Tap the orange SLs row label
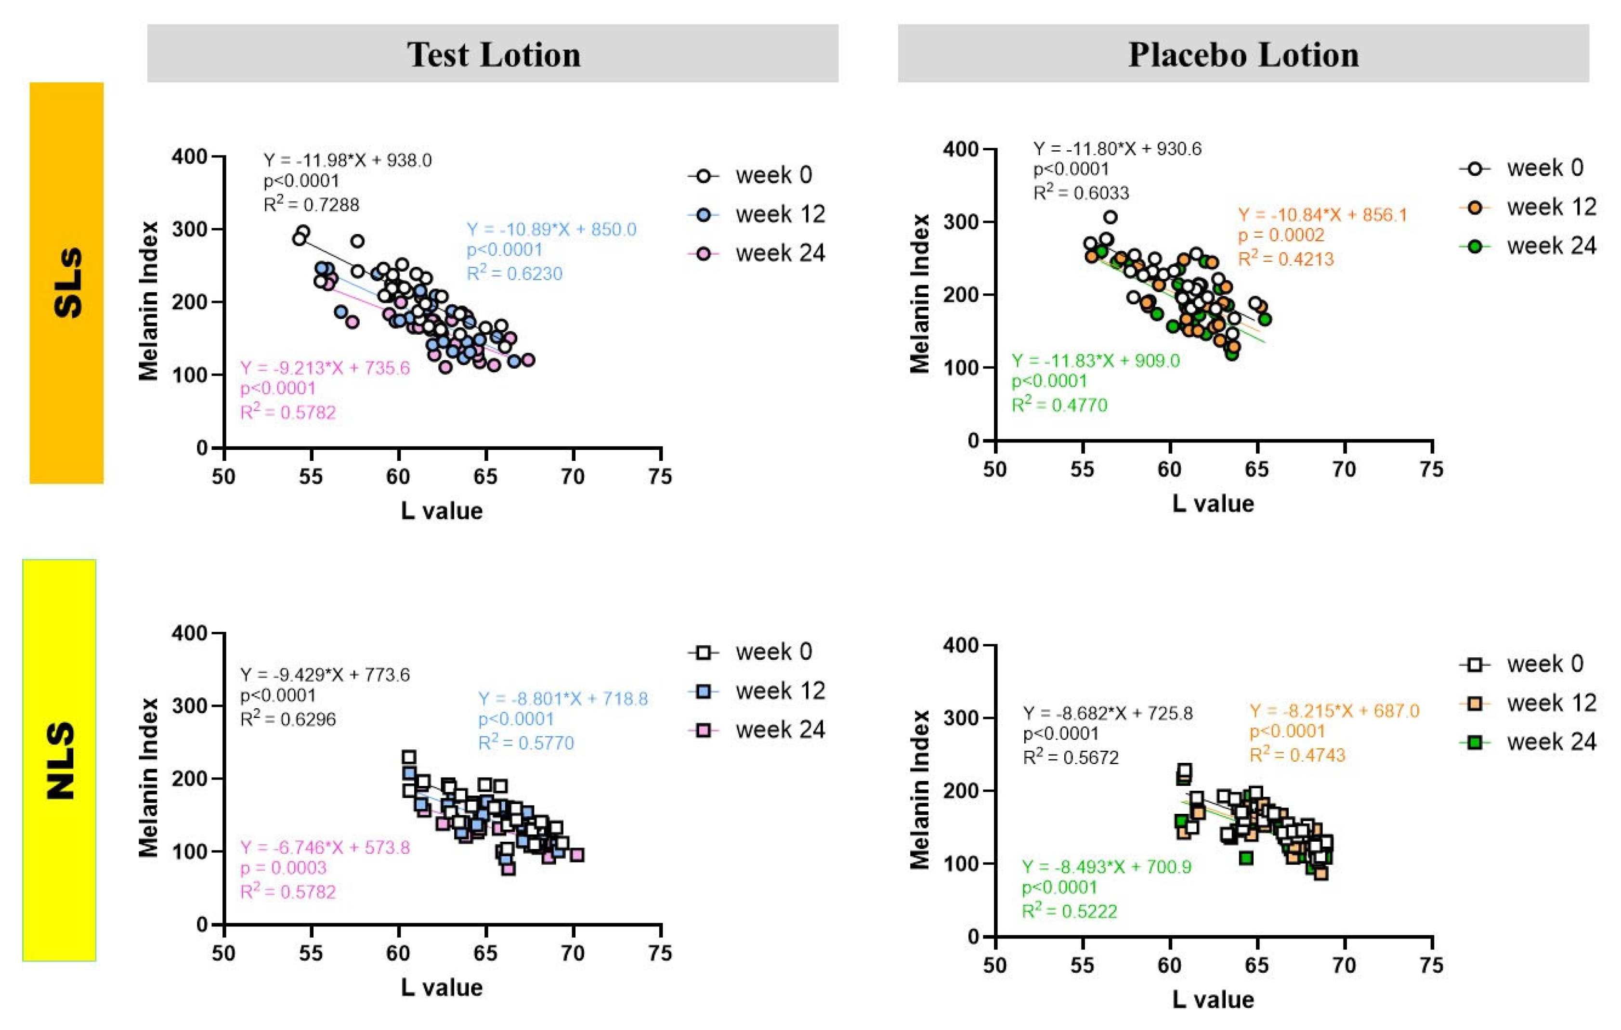(x=66, y=283)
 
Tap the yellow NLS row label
(x=59, y=759)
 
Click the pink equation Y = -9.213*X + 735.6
(x=325, y=368)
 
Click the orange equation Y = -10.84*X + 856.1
(x=1322, y=215)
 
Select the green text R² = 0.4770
(x=1059, y=404)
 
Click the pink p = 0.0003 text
(x=283, y=868)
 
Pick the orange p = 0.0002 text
(x=1281, y=235)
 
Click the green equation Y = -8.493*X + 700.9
(x=1106, y=866)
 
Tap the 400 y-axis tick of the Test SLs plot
(x=189, y=157)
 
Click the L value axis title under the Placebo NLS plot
(x=1213, y=999)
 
